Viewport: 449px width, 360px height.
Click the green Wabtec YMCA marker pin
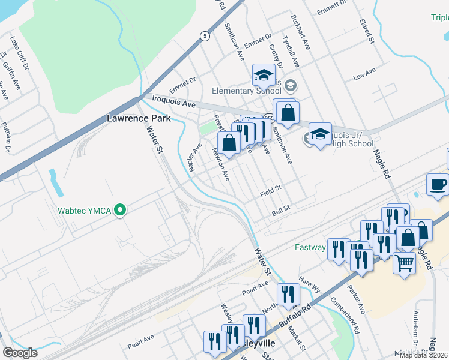click(x=121, y=210)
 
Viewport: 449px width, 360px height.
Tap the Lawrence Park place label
click(x=139, y=118)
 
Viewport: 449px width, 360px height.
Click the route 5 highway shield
click(x=205, y=36)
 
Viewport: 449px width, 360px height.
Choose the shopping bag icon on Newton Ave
click(x=229, y=143)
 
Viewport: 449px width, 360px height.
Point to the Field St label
click(x=271, y=193)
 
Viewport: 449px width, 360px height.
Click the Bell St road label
click(x=281, y=209)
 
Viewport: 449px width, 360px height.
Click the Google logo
click(x=20, y=353)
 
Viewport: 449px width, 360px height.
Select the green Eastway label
click(x=310, y=247)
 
